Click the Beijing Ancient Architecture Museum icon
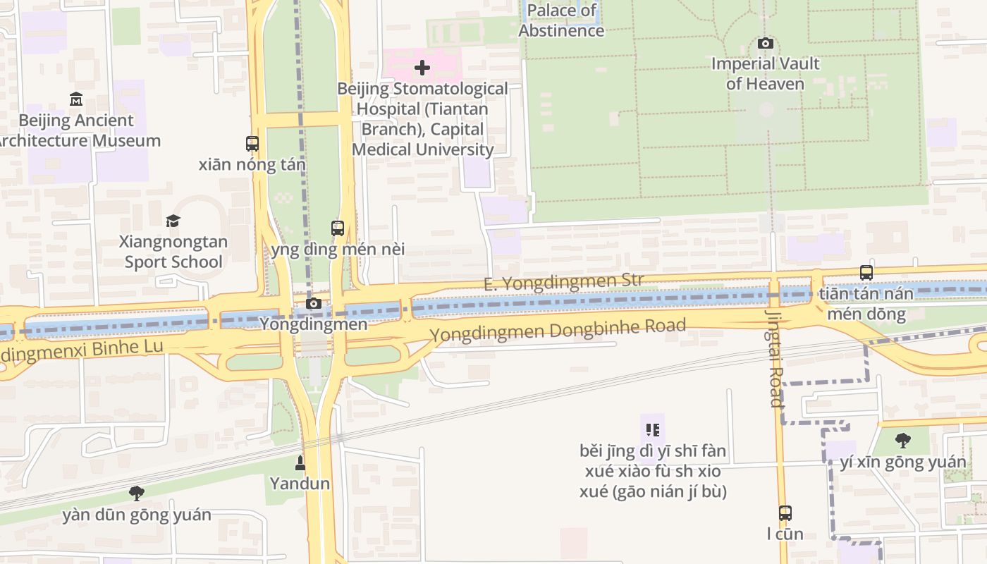tap(76, 99)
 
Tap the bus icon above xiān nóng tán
tap(252, 144)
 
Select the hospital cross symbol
tap(422, 68)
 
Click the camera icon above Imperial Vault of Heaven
tap(765, 44)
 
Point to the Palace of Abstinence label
tap(562, 20)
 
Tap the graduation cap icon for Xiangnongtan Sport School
tap(173, 221)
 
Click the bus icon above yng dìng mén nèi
tap(338, 228)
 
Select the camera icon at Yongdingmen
tap(314, 304)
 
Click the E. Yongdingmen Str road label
tap(563, 281)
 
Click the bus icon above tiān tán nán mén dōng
tap(866, 273)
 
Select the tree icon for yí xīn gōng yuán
tap(902, 441)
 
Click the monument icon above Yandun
tap(300, 463)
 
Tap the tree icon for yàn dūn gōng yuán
tap(137, 493)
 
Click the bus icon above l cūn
tap(785, 513)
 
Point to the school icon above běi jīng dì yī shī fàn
tap(652, 429)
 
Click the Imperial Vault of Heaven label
tap(765, 73)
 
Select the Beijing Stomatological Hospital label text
tap(422, 118)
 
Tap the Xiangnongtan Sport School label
tap(173, 252)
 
